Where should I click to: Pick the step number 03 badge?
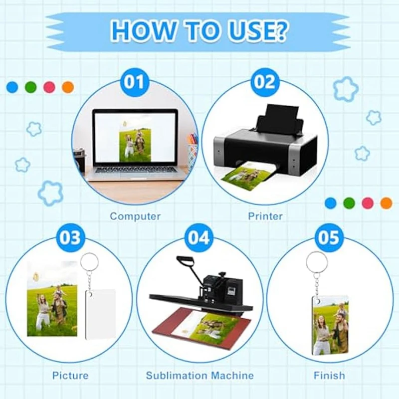69,237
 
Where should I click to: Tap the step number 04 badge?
199,237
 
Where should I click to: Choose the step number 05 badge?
329,237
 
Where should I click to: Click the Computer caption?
135,216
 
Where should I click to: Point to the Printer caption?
265,216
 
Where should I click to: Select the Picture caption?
70,376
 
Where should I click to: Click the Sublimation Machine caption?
199,376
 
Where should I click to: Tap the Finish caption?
329,376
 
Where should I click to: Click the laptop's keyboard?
135,170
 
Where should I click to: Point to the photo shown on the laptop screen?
135,144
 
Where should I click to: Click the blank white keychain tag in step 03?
101,314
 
